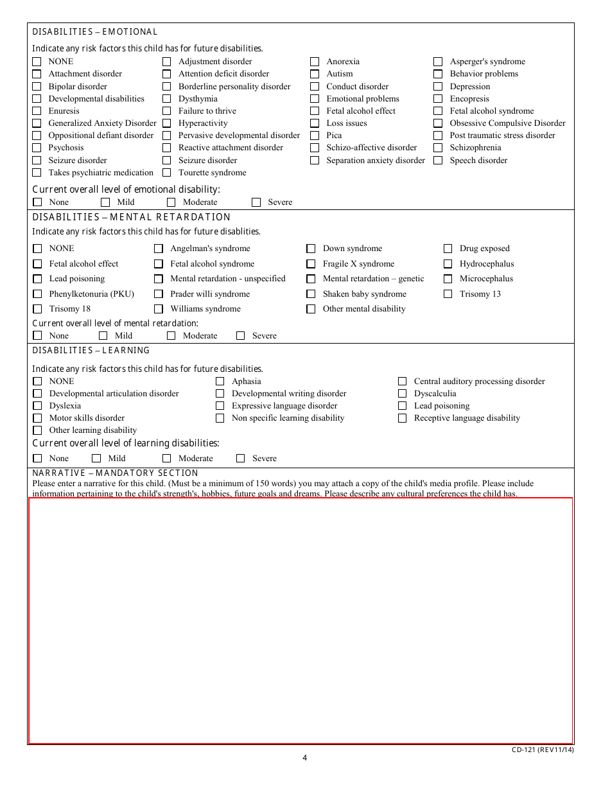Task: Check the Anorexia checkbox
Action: (x=315, y=62)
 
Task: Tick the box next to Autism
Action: (x=315, y=74)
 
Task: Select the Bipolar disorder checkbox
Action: (x=37, y=87)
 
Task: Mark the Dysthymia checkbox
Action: (x=167, y=99)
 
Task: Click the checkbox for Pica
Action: (x=315, y=136)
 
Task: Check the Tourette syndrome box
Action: (x=167, y=173)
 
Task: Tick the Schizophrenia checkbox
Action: (x=438, y=148)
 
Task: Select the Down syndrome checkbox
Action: (x=311, y=249)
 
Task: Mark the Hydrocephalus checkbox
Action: (x=448, y=264)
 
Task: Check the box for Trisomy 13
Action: (x=448, y=294)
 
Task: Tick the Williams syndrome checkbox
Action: (x=159, y=309)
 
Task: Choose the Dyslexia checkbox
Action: (x=37, y=406)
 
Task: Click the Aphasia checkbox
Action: (x=220, y=382)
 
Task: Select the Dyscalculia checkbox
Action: (x=403, y=394)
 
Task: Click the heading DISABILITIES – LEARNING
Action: (x=91, y=351)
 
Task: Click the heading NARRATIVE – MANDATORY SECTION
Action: (x=116, y=473)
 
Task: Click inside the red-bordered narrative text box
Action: (x=301, y=620)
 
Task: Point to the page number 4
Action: (x=305, y=757)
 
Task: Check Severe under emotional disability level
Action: (x=256, y=202)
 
